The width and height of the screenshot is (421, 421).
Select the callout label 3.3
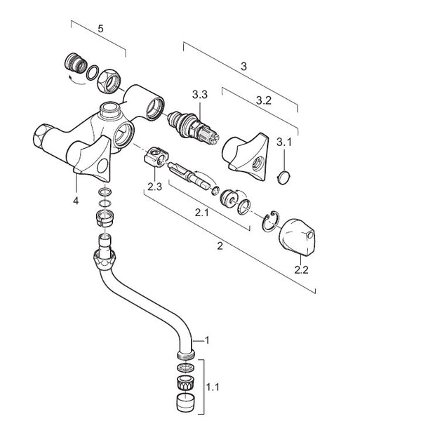[199, 94]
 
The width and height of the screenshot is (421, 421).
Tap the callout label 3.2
[263, 100]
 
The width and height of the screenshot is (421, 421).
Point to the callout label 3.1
[283, 142]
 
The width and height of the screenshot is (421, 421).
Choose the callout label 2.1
[201, 212]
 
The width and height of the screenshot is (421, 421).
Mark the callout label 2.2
[302, 269]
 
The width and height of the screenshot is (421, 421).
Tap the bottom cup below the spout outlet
[185, 403]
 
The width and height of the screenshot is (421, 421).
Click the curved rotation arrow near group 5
[71, 79]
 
